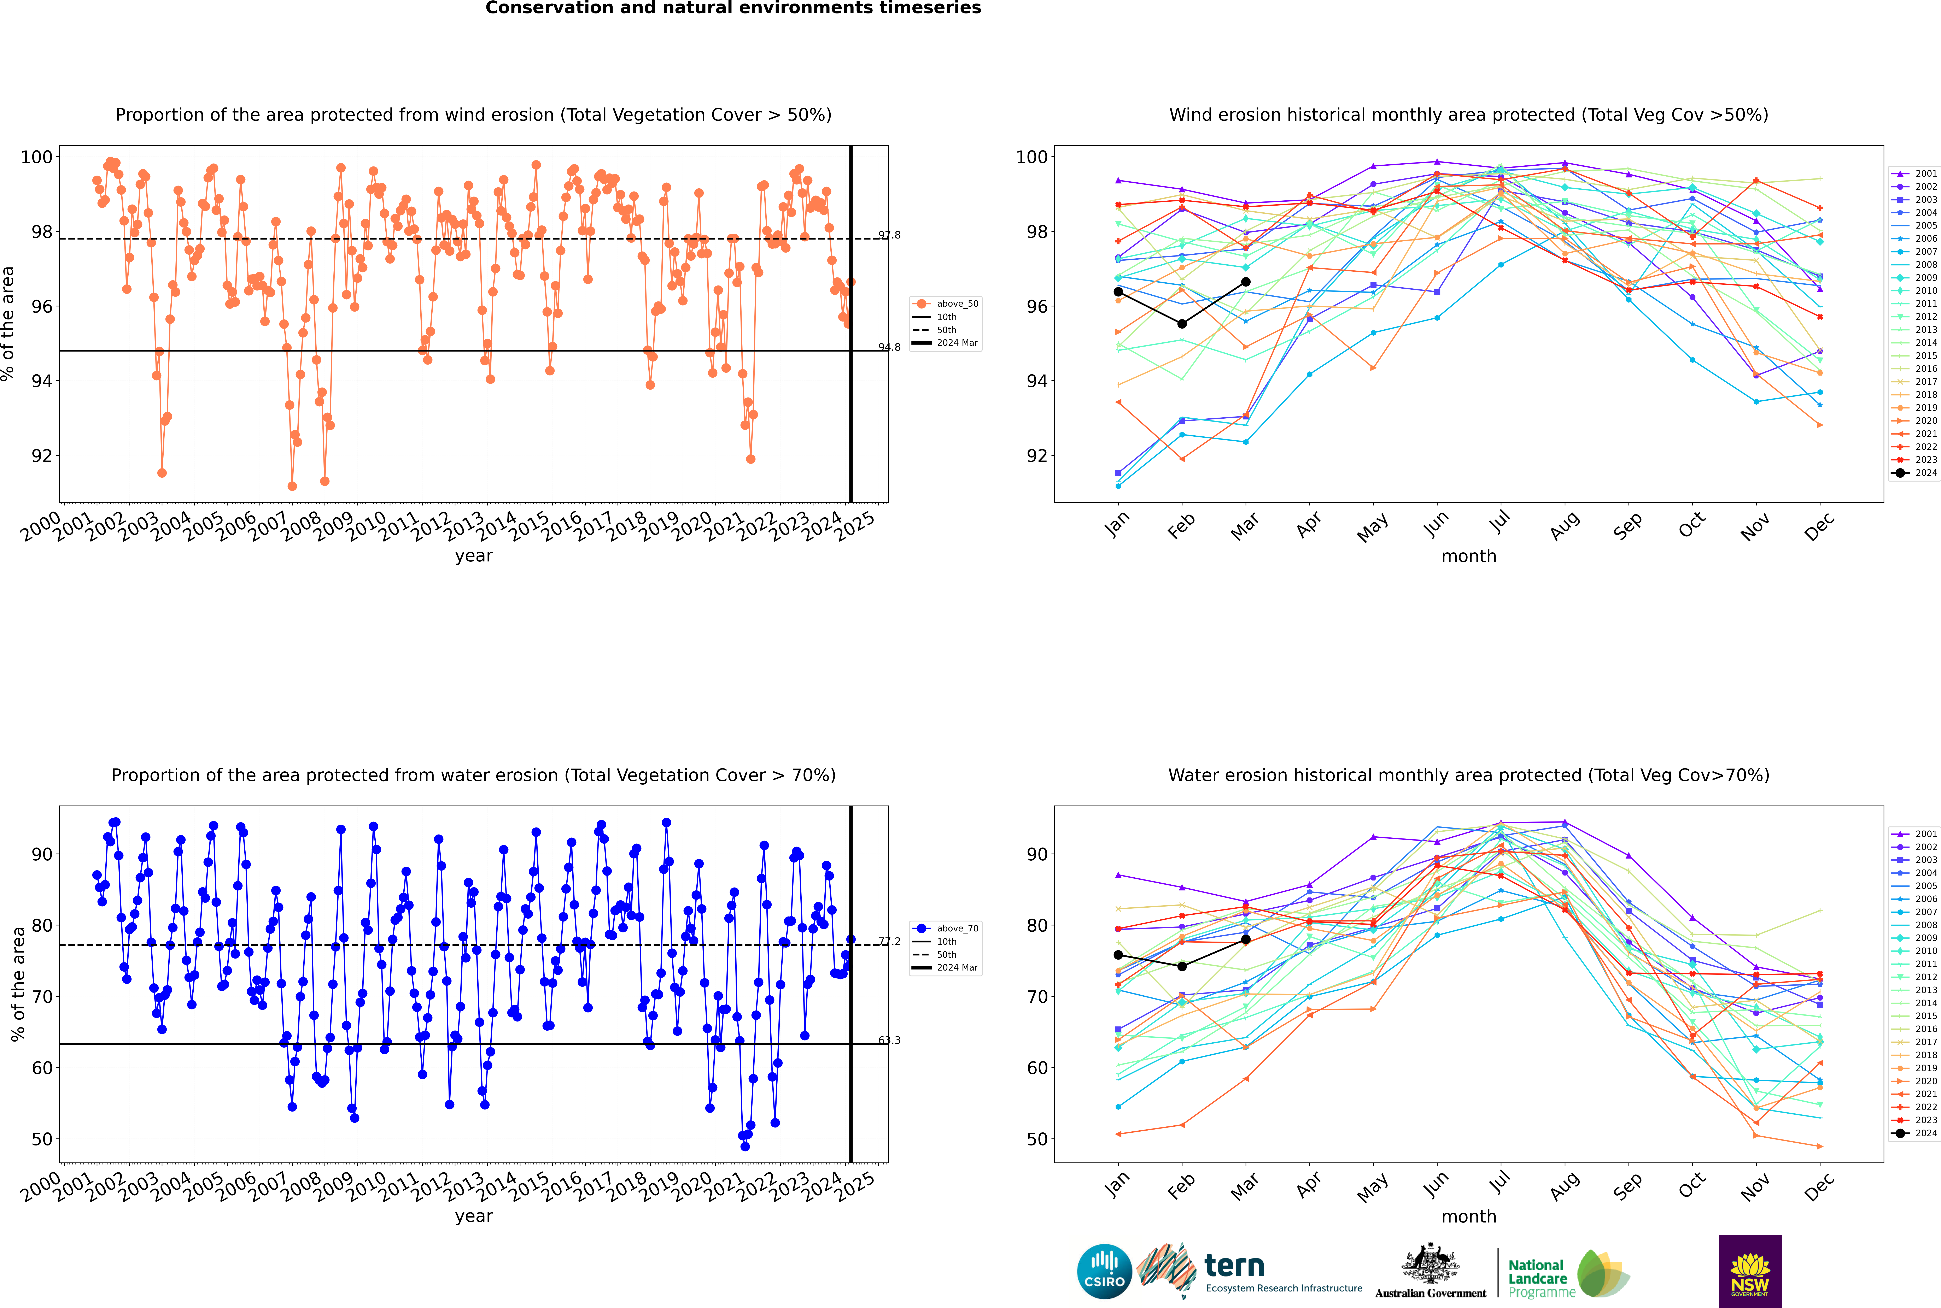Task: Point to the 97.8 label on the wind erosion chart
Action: [x=890, y=235]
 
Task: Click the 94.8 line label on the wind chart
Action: [x=890, y=347]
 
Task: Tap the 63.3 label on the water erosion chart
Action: [x=890, y=1040]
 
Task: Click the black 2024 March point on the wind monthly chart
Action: [x=1246, y=282]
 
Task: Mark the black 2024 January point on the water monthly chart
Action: [x=1118, y=955]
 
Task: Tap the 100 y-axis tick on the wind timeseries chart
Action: [x=37, y=157]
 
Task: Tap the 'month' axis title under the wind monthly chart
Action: [x=1469, y=556]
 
